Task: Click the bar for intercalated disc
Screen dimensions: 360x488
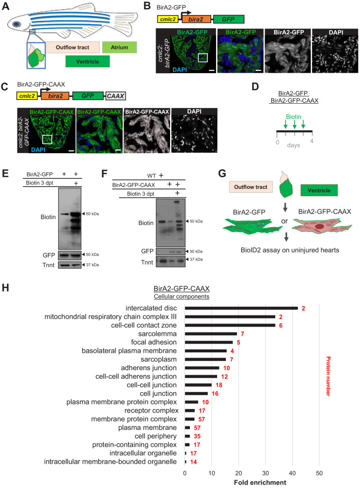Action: (241, 308)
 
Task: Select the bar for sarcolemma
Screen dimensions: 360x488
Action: (211, 333)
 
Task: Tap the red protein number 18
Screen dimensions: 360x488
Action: (219, 385)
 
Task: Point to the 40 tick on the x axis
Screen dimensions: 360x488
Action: (293, 473)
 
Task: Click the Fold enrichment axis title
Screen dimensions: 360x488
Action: (260, 482)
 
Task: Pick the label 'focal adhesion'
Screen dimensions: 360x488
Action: (154, 342)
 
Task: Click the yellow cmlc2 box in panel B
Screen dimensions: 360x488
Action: (168, 19)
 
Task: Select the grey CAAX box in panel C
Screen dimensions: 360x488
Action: (115, 96)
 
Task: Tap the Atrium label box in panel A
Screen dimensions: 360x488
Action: (119, 47)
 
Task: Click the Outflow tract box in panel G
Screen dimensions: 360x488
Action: (250, 187)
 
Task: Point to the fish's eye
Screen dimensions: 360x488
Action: (17, 24)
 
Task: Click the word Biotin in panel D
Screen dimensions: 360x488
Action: (294, 117)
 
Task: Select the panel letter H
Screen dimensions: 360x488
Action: (5, 287)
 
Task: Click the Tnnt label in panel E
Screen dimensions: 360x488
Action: (48, 265)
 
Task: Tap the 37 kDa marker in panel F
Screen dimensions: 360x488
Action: (196, 259)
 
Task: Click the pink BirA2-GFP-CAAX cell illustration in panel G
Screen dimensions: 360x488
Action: (322, 226)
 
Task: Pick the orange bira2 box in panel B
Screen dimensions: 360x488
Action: (196, 19)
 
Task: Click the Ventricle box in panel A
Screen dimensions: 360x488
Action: (87, 62)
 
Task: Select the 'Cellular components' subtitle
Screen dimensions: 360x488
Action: (181, 296)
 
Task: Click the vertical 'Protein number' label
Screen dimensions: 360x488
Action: (328, 376)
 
